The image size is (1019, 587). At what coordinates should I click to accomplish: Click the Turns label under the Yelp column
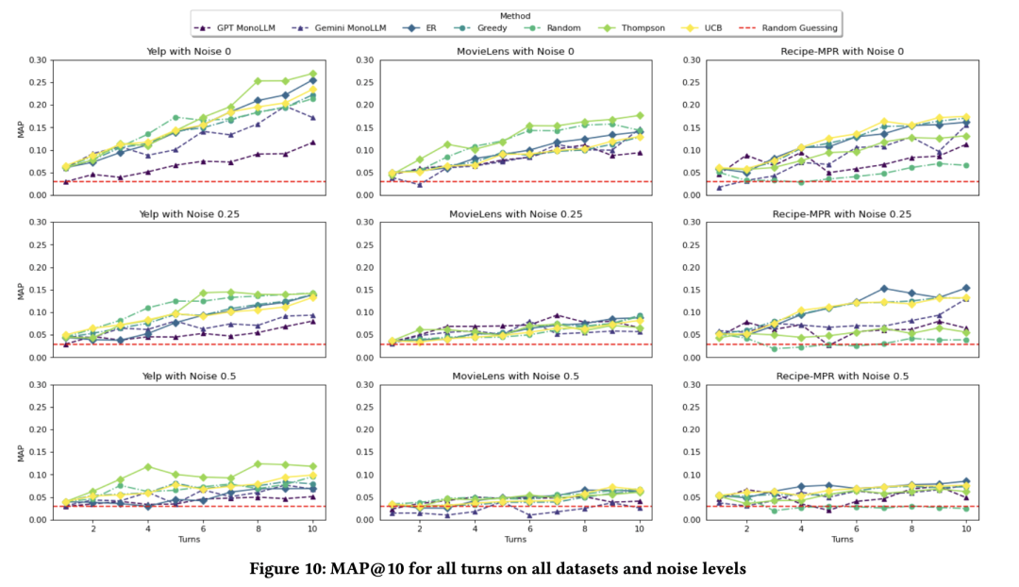click(190, 540)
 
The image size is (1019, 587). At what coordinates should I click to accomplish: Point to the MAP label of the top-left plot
click(22, 127)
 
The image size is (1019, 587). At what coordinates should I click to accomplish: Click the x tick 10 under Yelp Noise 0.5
click(312, 528)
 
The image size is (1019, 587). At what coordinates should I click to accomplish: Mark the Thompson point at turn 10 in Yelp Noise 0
click(312, 74)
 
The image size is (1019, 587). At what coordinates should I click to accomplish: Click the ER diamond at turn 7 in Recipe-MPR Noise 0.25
click(884, 289)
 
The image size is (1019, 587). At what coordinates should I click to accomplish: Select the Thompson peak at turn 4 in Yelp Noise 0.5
click(148, 467)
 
